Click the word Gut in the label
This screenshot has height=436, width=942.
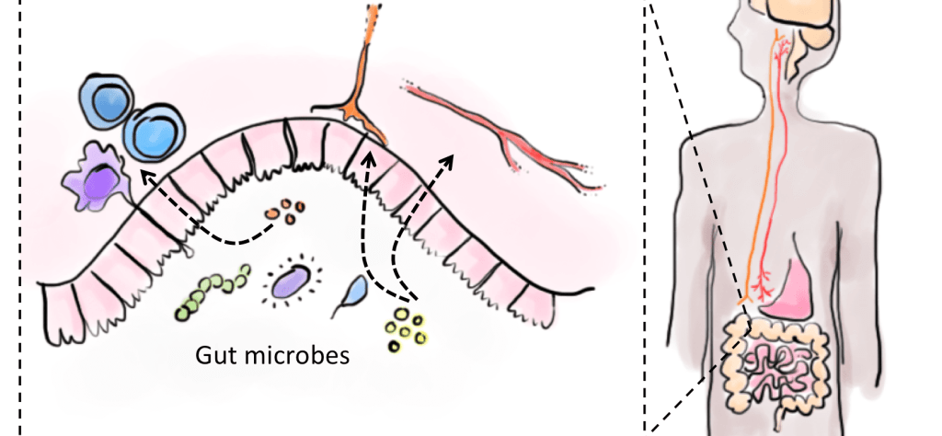[x=214, y=355]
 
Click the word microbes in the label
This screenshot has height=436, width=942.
[x=292, y=355]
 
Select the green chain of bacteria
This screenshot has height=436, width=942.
[x=213, y=292]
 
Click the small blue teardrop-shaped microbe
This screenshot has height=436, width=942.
[x=351, y=293]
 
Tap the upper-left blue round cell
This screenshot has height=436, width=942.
[x=100, y=98]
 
